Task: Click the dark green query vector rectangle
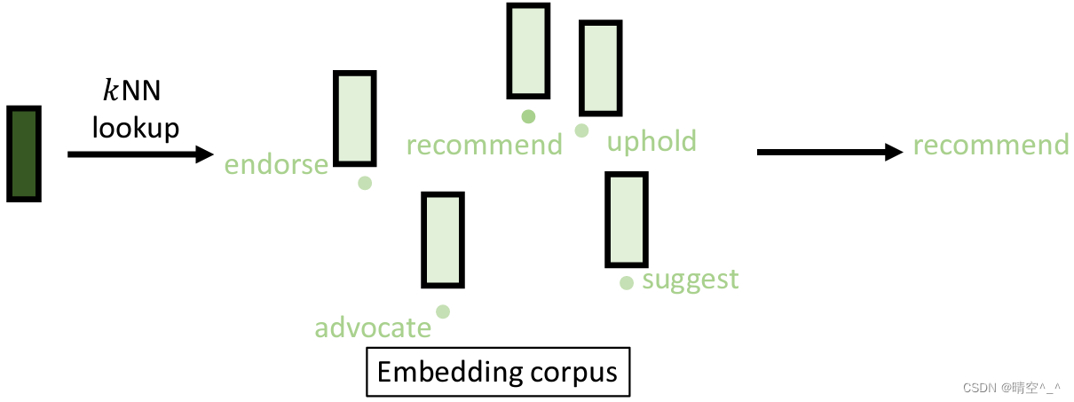24,154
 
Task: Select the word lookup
136,129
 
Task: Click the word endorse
276,165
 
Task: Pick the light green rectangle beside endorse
354,119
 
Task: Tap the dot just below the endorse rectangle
364,183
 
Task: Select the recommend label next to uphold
485,145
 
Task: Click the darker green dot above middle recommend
528,115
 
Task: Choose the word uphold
652,142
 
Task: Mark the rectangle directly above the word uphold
599,68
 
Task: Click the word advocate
373,328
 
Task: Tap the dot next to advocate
443,311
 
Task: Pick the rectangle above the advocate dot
443,240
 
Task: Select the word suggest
691,280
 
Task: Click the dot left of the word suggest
627,283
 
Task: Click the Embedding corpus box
498,371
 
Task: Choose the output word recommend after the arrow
991,146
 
